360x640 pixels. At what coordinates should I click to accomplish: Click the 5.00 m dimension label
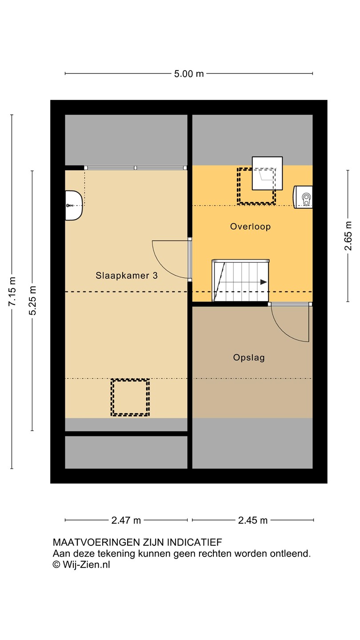(189, 74)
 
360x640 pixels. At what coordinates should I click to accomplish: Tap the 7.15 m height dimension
(12, 292)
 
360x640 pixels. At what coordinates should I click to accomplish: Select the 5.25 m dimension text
(32, 300)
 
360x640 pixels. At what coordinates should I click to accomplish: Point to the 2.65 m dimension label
(348, 236)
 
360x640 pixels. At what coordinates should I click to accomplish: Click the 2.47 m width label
(126, 520)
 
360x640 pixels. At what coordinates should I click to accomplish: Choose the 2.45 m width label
(253, 520)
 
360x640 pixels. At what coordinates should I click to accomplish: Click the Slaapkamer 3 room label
(127, 276)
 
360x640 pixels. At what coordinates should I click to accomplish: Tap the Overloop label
(250, 227)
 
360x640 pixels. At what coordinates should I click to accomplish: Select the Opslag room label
(249, 357)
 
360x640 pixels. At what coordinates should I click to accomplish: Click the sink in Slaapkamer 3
(74, 205)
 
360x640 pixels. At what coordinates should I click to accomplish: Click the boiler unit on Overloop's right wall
(303, 197)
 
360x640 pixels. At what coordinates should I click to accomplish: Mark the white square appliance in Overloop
(267, 173)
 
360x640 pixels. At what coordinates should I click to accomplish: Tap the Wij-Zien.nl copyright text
(81, 564)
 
